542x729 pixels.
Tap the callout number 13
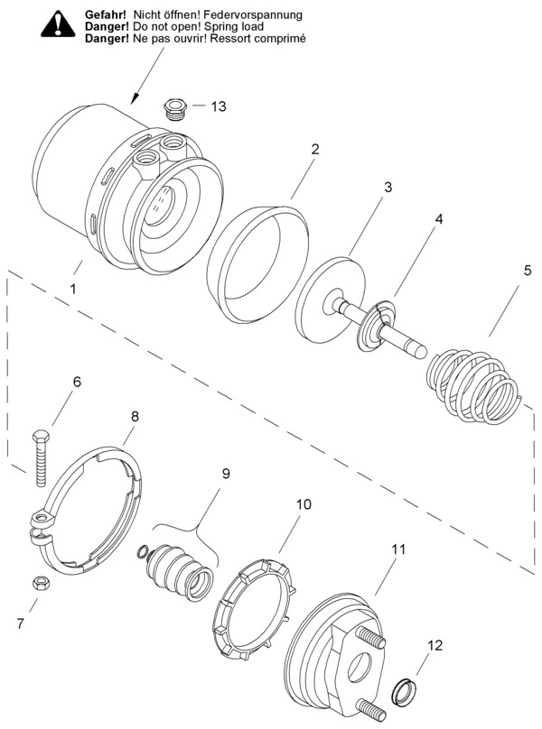coord(219,106)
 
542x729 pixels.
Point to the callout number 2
coord(315,150)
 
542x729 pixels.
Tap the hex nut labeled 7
coord(42,583)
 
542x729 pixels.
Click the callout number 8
coord(135,417)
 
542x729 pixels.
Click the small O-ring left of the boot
coord(143,553)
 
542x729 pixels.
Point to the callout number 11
coord(399,548)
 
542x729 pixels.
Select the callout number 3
coord(387,188)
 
